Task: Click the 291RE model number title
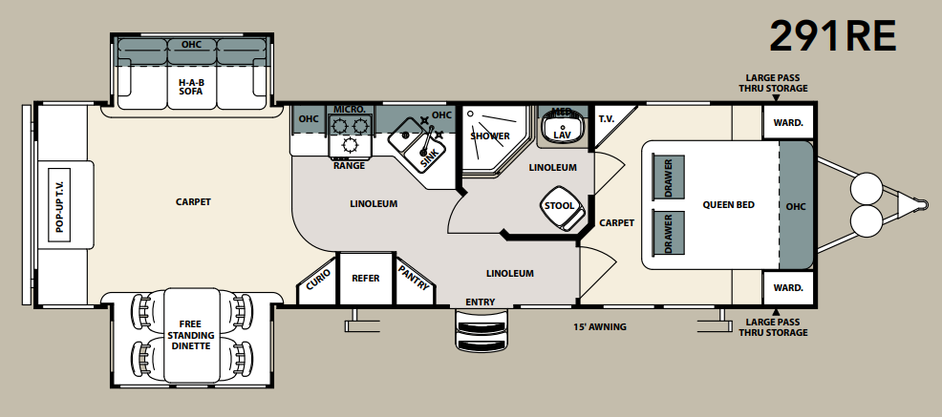point(833,36)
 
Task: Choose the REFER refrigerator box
point(366,279)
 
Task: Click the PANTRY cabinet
point(414,280)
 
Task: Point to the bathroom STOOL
point(560,208)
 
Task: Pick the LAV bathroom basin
point(562,129)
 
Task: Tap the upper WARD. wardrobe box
point(787,123)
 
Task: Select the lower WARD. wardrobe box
point(787,287)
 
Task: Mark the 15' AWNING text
point(599,327)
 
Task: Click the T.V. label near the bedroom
point(605,119)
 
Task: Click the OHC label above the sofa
point(191,45)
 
